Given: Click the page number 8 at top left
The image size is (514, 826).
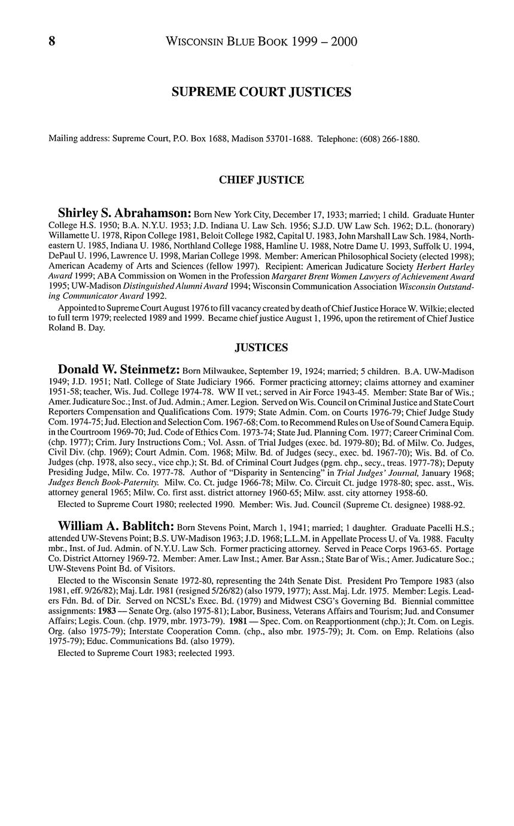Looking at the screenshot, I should (52, 41).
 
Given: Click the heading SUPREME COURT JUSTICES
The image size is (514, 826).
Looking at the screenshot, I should (261, 92).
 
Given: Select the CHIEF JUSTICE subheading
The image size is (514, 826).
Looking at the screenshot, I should (261, 180).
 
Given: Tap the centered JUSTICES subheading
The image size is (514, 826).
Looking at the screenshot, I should (261, 348).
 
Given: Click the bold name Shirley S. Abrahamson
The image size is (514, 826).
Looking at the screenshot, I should (124, 214).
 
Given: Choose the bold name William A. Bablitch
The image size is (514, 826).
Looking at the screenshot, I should (116, 526).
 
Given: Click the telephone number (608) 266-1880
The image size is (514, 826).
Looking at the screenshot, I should (390, 139).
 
